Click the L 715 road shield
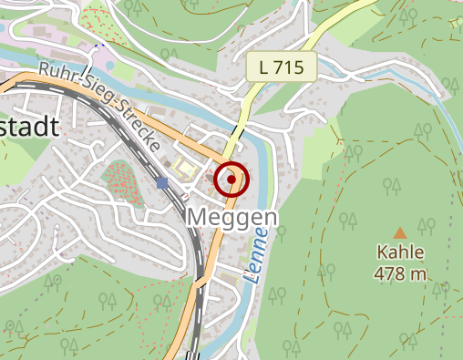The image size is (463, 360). tap(281, 67)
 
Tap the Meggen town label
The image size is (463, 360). tap(231, 218)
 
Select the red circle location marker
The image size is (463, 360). tap(231, 180)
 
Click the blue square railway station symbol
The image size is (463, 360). tap(162, 183)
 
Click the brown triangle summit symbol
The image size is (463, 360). tap(400, 233)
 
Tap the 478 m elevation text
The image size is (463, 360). tap(400, 273)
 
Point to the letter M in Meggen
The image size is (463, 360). tap(197, 218)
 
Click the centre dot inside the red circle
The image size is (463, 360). tap(231, 180)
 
